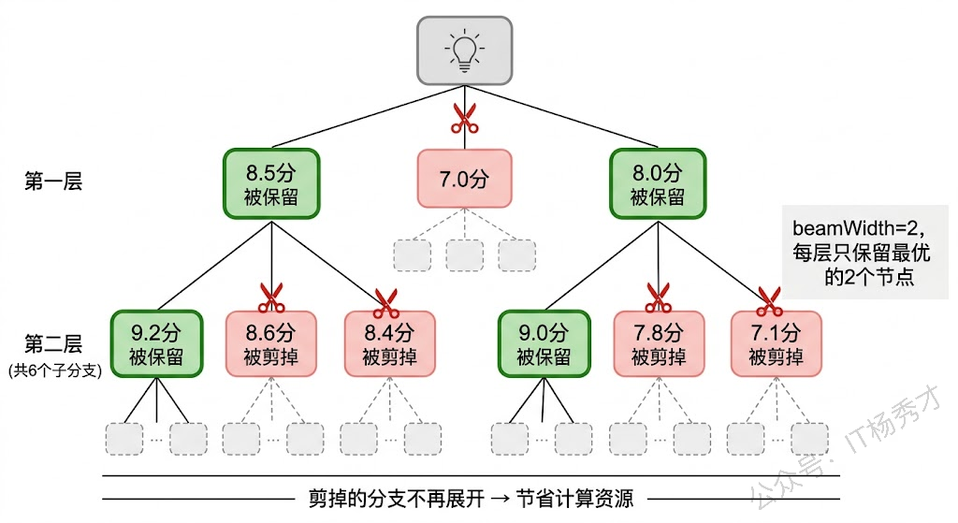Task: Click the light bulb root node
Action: click(x=464, y=51)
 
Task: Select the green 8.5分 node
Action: click(x=271, y=183)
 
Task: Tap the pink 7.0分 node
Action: click(x=464, y=179)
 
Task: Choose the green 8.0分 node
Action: click(x=658, y=183)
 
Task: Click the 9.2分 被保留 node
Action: click(x=156, y=344)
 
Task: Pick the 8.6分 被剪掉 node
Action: click(x=271, y=344)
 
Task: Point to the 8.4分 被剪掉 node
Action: click(x=390, y=344)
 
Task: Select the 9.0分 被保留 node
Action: click(x=544, y=344)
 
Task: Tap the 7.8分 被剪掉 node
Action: click(x=659, y=344)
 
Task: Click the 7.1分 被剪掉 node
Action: click(x=776, y=344)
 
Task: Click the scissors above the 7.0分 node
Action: click(x=464, y=119)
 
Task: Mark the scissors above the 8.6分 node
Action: click(x=272, y=298)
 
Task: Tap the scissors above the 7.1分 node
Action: click(x=769, y=302)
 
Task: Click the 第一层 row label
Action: click(x=53, y=182)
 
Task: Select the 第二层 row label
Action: click(x=53, y=344)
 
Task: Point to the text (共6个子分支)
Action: click(x=55, y=370)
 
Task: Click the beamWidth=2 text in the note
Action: click(x=859, y=228)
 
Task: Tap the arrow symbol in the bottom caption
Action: click(x=500, y=500)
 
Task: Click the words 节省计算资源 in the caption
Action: click(x=575, y=500)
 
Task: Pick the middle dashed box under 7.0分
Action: click(x=464, y=255)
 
